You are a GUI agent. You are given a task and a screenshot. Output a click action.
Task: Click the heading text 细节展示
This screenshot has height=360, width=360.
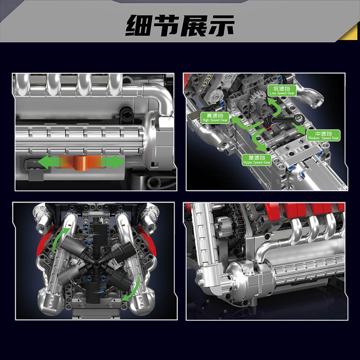pos(180,25)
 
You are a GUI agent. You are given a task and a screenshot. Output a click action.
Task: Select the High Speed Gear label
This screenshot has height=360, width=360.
pos(215,118)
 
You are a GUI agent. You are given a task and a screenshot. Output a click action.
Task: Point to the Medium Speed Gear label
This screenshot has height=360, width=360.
pos(323,135)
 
